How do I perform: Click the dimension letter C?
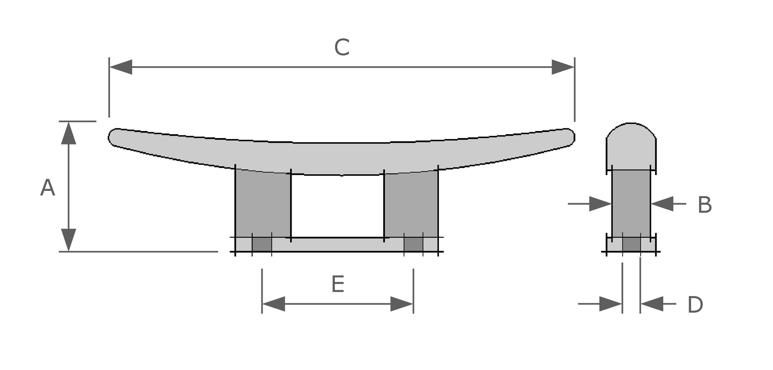click(x=342, y=48)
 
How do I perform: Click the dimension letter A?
click(x=48, y=188)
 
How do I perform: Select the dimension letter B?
click(x=705, y=205)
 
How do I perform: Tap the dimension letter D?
click(x=695, y=305)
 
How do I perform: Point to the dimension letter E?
click(x=338, y=285)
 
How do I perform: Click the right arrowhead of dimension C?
click(x=563, y=67)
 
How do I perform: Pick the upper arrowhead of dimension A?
click(x=69, y=133)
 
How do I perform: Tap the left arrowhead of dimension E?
click(x=274, y=304)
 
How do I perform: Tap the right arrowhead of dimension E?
click(x=402, y=304)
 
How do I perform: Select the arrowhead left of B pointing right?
click(x=600, y=204)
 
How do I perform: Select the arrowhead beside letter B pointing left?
click(x=663, y=204)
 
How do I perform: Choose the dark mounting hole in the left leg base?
click(x=262, y=245)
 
